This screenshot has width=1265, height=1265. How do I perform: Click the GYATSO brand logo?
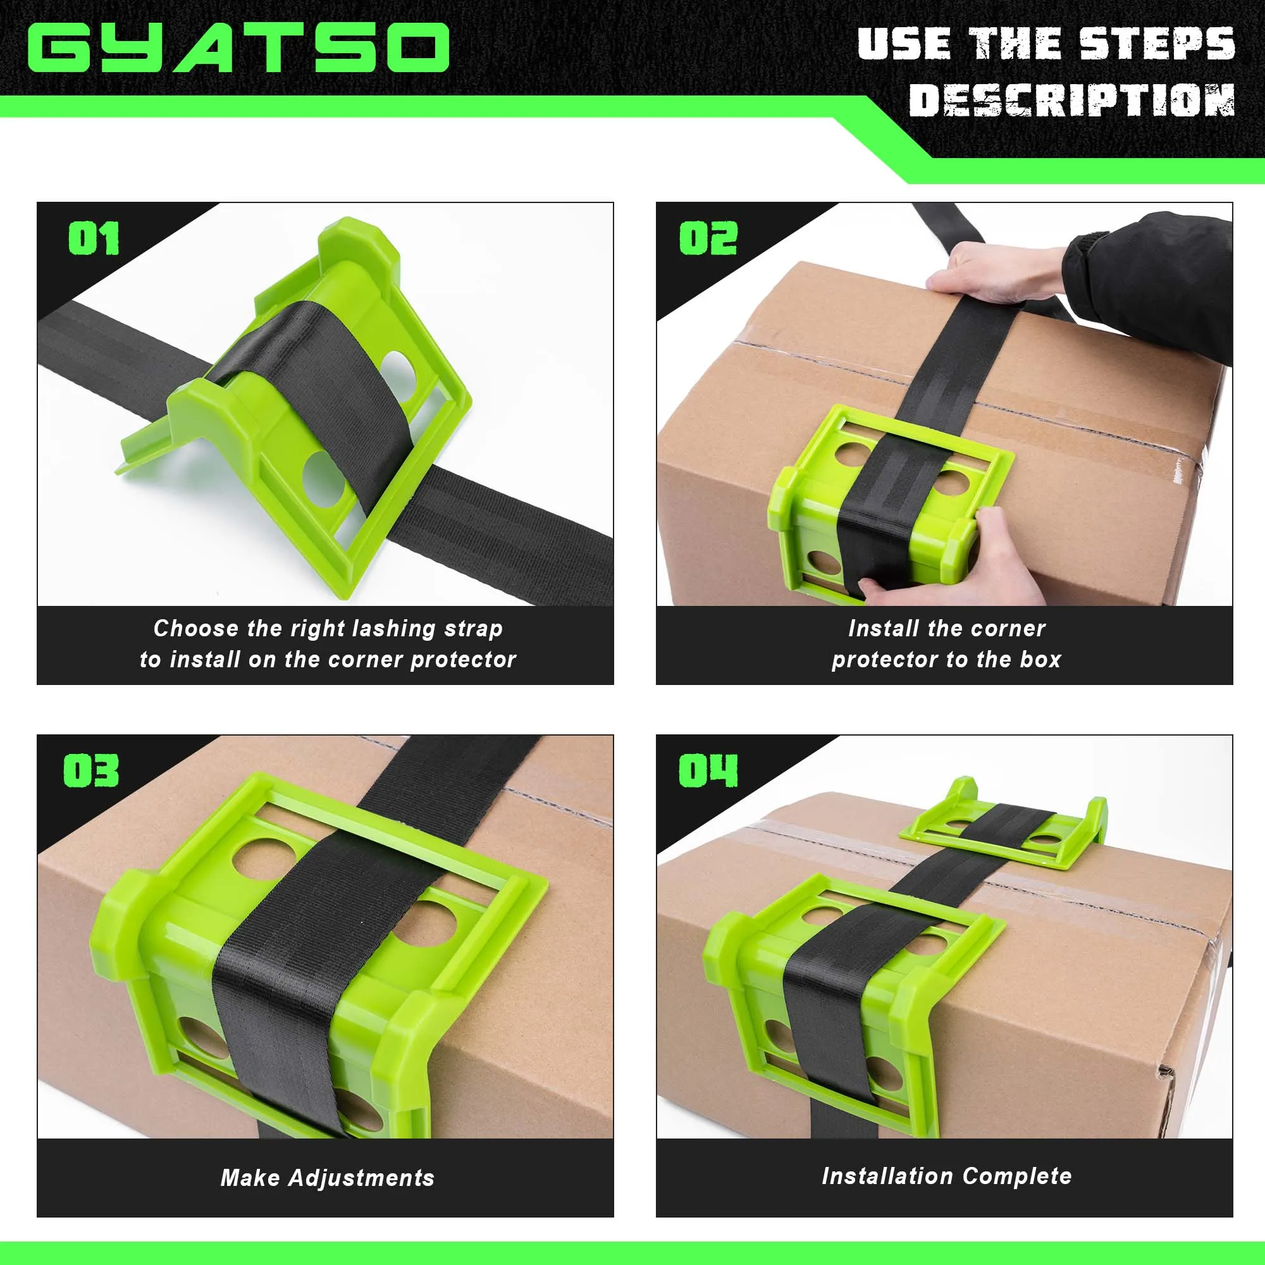(x=238, y=47)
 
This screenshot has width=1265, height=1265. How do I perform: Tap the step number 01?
(x=94, y=238)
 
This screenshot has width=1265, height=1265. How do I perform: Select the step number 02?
(x=708, y=238)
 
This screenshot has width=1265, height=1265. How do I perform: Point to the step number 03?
(x=91, y=770)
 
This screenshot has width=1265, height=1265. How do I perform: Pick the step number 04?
(x=708, y=770)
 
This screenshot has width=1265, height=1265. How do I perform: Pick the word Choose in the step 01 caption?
(x=196, y=629)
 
